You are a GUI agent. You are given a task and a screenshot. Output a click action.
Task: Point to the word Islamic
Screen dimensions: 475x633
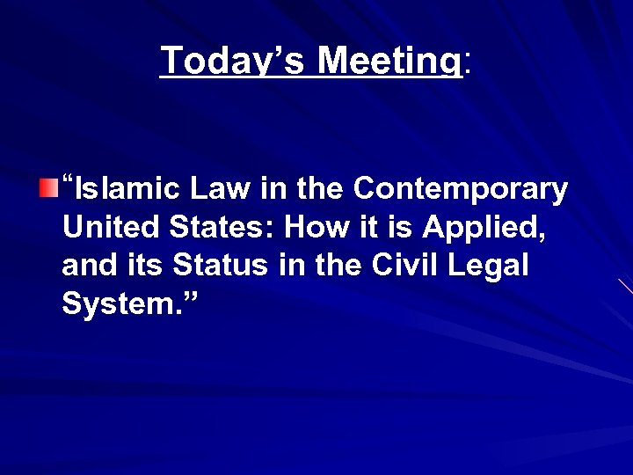[x=119, y=189]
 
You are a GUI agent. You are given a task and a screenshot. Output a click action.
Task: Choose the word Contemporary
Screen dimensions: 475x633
[x=461, y=189]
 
